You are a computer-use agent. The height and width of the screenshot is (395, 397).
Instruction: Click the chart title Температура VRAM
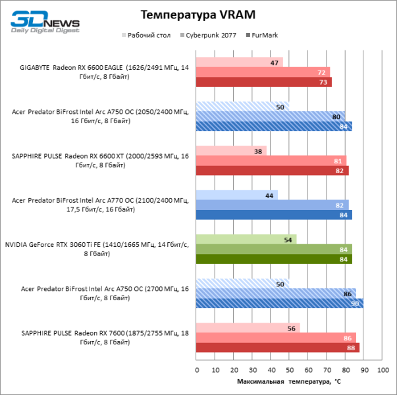click(x=198, y=14)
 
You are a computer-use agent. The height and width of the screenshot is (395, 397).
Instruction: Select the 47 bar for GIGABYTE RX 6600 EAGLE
click(x=240, y=63)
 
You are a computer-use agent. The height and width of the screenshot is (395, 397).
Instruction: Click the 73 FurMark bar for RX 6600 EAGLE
click(x=263, y=82)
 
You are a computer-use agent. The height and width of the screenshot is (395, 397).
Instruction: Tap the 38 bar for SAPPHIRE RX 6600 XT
click(x=231, y=151)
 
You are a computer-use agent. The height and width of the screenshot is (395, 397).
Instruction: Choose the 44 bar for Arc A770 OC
click(x=237, y=195)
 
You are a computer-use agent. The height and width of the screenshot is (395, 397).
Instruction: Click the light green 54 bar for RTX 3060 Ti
click(x=246, y=239)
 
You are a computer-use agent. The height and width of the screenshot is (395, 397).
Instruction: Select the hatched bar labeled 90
click(x=280, y=303)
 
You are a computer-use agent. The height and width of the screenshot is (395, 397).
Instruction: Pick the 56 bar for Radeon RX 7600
click(x=248, y=328)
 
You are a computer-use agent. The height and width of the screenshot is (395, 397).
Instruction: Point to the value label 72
click(x=322, y=72)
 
